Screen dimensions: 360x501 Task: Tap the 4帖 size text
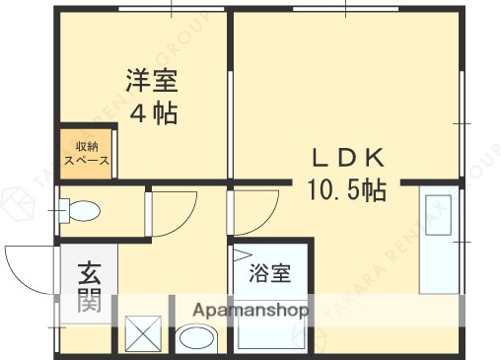pos(154,112)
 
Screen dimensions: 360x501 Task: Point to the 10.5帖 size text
pos(346,188)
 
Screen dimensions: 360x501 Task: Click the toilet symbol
pos(78,210)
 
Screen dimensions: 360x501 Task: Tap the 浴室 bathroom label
pos(269,270)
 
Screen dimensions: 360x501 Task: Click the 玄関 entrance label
pos(90,285)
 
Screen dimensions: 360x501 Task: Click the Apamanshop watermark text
pos(250,310)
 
